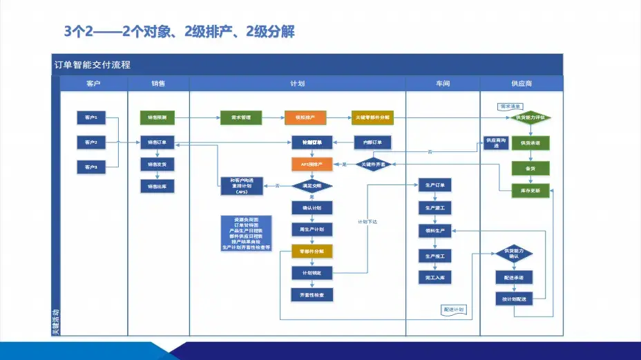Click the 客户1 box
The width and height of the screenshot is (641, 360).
(90, 118)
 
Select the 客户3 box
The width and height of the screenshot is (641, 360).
(90, 167)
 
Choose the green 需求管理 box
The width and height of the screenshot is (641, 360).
(236, 118)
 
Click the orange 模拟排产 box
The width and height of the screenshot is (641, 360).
(305, 118)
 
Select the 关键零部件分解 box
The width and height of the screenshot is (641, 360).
(372, 118)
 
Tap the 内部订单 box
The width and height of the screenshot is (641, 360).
(372, 142)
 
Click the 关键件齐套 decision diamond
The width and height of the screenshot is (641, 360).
(374, 164)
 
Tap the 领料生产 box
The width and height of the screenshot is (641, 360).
(434, 230)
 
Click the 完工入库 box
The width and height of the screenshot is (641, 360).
(434, 277)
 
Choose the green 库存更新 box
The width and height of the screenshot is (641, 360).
(530, 191)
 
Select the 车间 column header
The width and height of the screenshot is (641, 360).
(442, 84)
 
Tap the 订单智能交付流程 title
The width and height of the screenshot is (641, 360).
(93, 65)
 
